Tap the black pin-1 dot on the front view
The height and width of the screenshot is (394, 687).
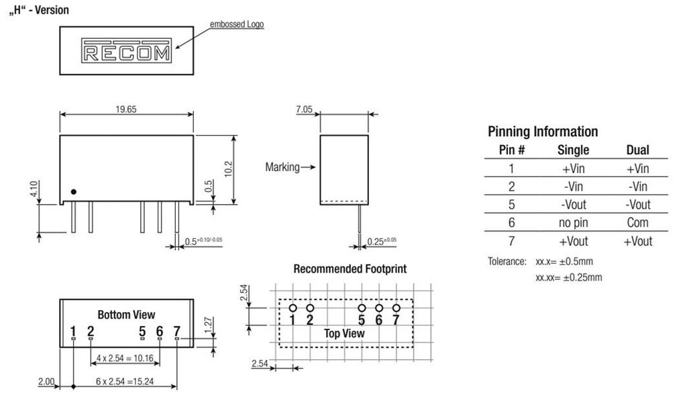point(74,192)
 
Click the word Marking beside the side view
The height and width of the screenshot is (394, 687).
point(282,167)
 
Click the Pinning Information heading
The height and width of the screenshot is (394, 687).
point(543,132)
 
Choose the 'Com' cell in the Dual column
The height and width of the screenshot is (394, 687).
point(637,222)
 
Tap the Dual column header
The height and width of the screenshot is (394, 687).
point(637,150)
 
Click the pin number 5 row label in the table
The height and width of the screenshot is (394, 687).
point(511,205)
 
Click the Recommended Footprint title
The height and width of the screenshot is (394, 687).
point(350,269)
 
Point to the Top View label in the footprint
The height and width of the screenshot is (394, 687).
point(344,334)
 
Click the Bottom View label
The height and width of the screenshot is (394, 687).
point(126,315)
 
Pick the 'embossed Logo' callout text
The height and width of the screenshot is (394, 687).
point(237,25)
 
